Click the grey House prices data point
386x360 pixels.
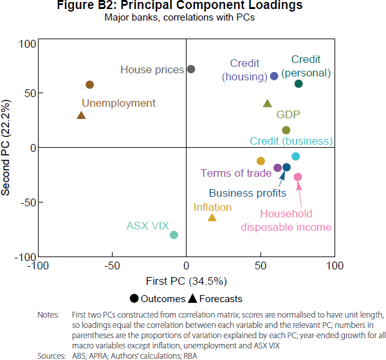190,69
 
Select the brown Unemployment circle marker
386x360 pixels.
90,85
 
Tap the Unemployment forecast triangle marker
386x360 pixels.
81,115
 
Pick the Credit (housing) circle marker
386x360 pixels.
274,76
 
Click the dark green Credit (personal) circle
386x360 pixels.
299,84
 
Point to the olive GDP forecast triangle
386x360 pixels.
268,103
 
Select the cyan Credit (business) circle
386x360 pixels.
296,156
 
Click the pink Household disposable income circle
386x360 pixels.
298,177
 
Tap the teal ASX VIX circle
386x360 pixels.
174,235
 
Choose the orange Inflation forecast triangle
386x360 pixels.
212,217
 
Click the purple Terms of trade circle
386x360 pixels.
277,168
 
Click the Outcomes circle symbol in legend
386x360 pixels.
134,298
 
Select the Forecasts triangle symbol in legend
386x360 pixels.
192,298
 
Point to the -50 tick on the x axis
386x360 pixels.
112,265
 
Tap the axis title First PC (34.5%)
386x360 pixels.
186,280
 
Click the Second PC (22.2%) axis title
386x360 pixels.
8,147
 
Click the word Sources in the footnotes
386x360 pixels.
51,355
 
